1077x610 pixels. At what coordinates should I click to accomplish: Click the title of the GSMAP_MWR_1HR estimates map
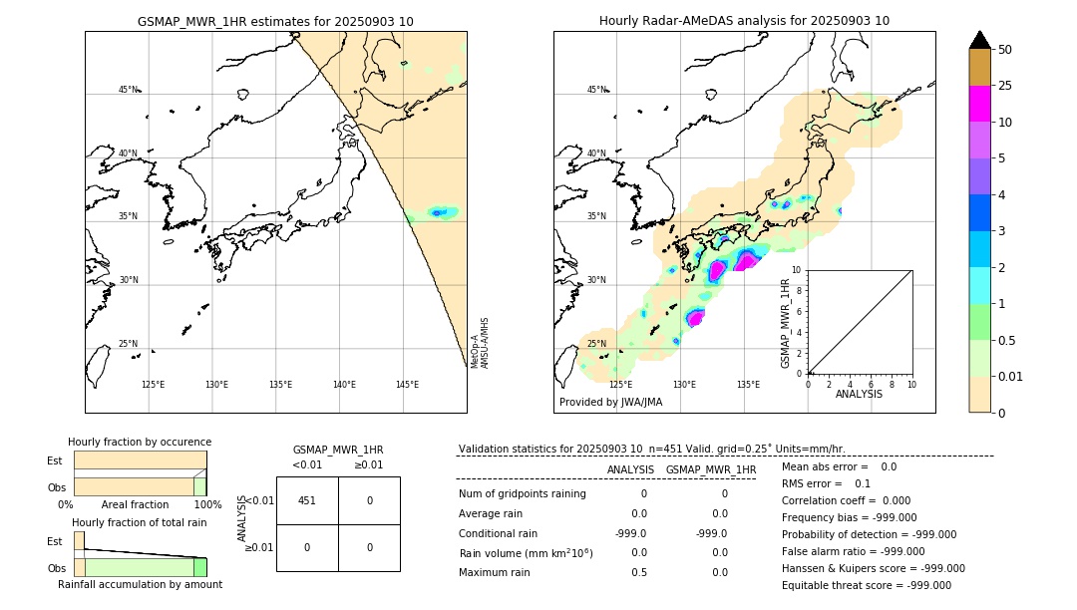coord(275,21)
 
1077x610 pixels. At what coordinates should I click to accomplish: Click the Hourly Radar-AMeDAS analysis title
coord(744,21)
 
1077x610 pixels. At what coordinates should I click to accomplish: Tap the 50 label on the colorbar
coord(1005,50)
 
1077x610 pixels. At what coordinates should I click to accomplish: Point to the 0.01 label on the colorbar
coord(1011,376)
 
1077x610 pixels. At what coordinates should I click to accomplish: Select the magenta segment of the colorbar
coord(980,104)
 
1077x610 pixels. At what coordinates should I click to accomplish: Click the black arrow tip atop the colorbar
coord(980,39)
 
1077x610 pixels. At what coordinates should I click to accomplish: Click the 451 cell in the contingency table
coord(307,500)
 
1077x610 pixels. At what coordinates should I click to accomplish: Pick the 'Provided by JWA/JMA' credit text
coord(610,403)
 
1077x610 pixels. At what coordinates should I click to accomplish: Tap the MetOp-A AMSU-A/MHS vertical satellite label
coord(480,344)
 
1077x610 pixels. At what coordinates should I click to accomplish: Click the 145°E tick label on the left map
coord(407,385)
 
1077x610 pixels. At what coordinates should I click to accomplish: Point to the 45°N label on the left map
coord(128,90)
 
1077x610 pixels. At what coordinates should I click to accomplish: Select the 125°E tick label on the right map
coord(620,385)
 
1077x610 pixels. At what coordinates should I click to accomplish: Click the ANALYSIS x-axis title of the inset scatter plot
coord(859,394)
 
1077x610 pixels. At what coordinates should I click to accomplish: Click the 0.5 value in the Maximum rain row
coord(639,572)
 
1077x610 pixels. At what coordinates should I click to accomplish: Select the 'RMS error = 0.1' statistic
coord(826,483)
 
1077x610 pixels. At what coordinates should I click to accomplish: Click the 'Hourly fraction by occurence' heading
coord(140,442)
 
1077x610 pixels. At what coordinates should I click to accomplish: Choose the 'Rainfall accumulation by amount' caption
coord(140,584)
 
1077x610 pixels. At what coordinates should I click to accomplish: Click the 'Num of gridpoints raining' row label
coord(522,494)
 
